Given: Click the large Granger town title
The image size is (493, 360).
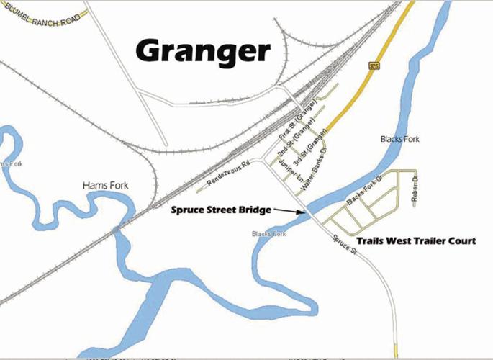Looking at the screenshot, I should [203, 50].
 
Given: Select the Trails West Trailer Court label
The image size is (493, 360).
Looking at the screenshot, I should [416, 241].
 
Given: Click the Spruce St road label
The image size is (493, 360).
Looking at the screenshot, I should [344, 245].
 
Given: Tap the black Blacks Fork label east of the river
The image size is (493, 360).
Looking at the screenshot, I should [399, 139].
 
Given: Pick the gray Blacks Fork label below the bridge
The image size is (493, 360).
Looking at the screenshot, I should [269, 235].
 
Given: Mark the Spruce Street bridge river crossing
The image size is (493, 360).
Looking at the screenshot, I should [309, 212].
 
